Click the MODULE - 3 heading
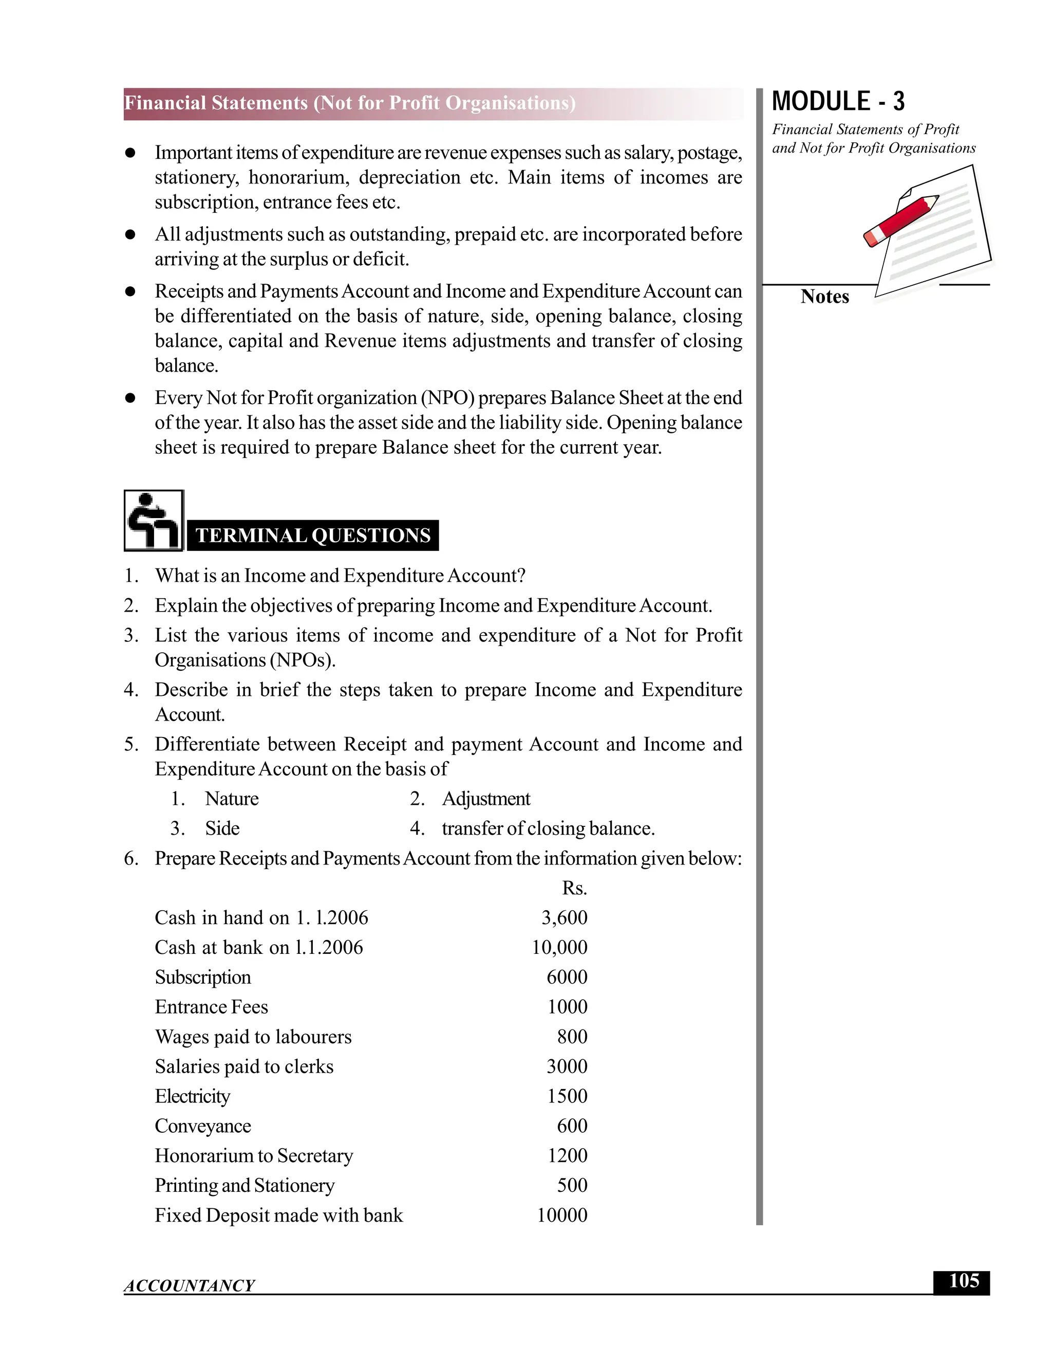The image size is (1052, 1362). [838, 102]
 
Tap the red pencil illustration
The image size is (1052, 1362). [901, 220]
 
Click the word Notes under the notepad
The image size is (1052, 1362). [824, 297]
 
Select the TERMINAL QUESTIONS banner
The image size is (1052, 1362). [313, 536]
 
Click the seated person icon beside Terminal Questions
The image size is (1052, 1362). [153, 521]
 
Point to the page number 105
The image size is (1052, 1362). [963, 1281]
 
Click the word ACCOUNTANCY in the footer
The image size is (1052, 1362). [190, 1286]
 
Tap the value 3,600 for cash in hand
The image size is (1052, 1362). [564, 918]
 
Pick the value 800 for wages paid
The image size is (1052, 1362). [572, 1037]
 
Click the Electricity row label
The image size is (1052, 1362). [192, 1096]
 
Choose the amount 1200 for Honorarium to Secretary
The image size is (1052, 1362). [567, 1155]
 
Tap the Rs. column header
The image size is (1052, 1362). [574, 888]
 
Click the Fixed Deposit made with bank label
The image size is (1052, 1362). [278, 1216]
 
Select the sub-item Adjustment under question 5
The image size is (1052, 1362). [485, 799]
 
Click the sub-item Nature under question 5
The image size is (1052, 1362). [231, 799]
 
